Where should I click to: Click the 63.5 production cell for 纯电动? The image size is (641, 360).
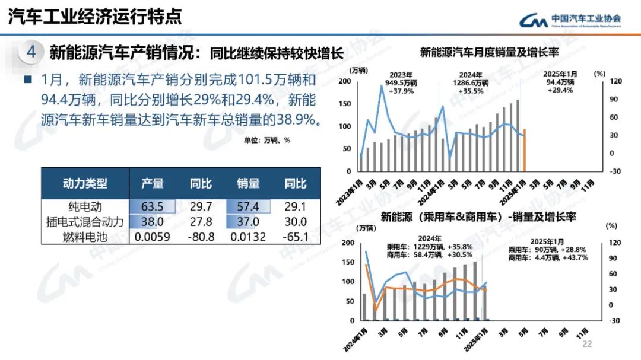tap(152, 206)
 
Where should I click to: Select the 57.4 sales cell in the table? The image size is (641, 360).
tap(248, 206)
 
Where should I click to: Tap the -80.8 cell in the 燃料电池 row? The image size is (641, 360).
tap(201, 237)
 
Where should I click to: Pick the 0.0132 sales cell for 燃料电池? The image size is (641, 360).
tap(248, 237)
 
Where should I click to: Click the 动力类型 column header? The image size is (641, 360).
tap(85, 183)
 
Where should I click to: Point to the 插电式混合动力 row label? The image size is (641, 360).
tap(85, 222)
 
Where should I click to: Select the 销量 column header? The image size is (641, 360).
tap(248, 183)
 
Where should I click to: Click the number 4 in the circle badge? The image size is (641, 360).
tap(31, 52)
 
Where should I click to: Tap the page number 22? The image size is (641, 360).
tap(587, 344)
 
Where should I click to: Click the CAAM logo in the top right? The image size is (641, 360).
tap(570, 20)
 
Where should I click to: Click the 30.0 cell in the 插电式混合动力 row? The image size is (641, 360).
tap(295, 222)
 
